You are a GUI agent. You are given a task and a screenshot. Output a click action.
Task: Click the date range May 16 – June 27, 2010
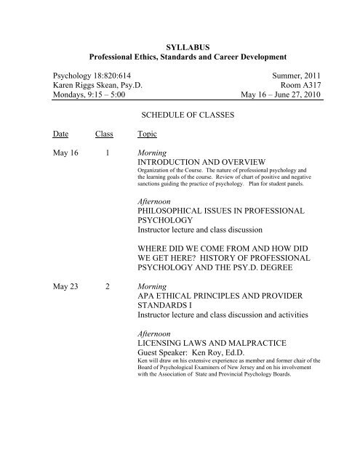[275, 98]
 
